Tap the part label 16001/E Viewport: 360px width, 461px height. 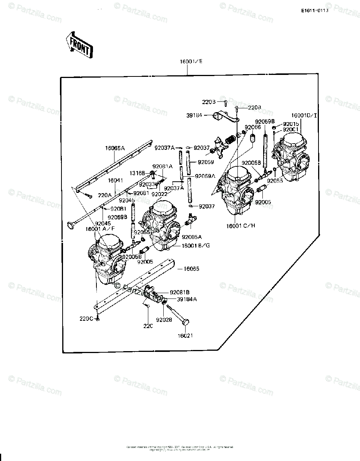(x=187, y=61)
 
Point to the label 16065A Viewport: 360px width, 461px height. (x=115, y=148)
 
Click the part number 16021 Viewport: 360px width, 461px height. (x=185, y=335)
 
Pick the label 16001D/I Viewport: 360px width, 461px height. (x=304, y=115)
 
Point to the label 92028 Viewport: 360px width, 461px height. (x=163, y=319)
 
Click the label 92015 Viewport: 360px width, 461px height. (x=290, y=124)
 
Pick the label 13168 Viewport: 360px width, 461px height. (x=138, y=173)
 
